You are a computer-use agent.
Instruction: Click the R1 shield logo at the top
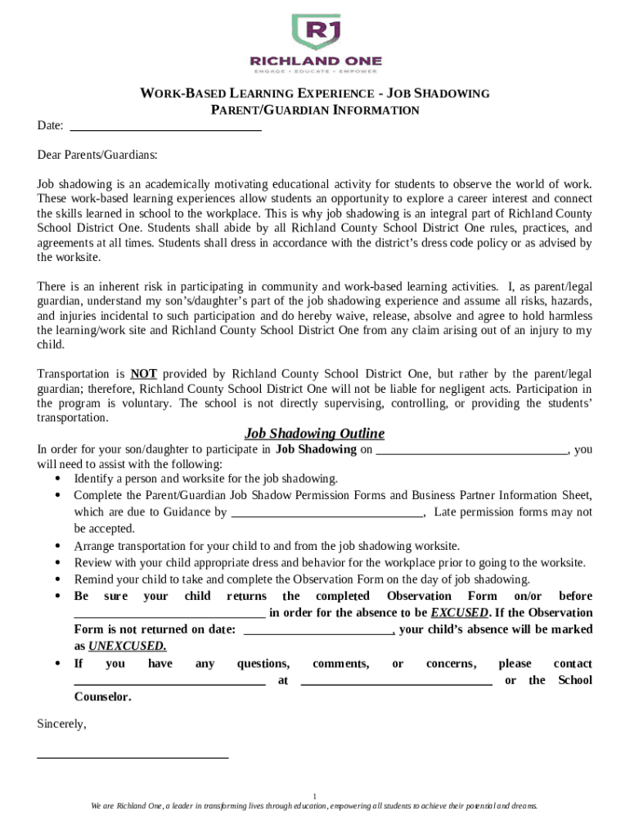[316, 33]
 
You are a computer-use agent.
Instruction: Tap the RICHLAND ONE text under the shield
[315, 61]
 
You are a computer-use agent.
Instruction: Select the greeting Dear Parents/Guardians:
[97, 155]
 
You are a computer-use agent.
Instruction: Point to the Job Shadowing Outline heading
[314, 433]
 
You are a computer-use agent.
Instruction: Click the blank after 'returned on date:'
[319, 632]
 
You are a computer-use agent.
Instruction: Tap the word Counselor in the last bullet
[102, 697]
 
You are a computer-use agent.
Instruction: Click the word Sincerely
[61, 724]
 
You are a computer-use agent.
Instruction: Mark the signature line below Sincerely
[133, 757]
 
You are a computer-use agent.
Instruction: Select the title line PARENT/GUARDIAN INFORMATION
[315, 110]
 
